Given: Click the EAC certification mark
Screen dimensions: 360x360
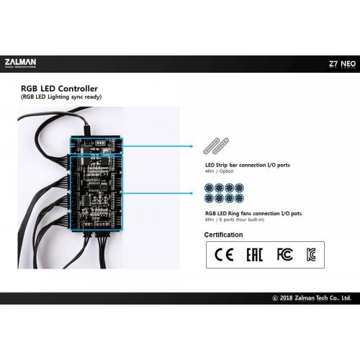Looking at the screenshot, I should [x=254, y=255].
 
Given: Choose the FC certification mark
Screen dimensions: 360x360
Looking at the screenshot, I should [x=284, y=255].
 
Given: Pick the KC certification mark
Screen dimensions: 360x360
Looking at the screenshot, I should [x=312, y=255].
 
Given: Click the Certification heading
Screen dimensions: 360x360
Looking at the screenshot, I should [x=223, y=235].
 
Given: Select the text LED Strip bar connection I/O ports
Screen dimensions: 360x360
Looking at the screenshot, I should [x=247, y=165].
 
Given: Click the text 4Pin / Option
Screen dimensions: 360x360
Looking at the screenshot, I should [x=220, y=171].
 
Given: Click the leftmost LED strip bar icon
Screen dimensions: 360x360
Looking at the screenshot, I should [x=213, y=147].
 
